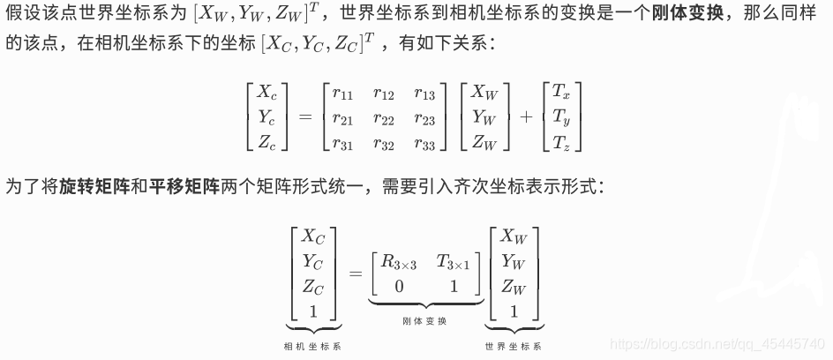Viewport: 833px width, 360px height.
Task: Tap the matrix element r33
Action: [x=424, y=141]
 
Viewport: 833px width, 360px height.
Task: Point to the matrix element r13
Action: [x=424, y=92]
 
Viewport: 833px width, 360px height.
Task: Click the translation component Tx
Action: [x=561, y=91]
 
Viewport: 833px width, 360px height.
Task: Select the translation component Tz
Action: [x=561, y=141]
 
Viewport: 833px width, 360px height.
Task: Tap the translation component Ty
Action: [x=561, y=116]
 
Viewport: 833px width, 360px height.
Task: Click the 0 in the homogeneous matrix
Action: [x=399, y=286]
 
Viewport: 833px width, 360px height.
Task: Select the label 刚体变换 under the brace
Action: [x=424, y=320]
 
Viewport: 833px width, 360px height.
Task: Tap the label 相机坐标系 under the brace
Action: [x=312, y=346]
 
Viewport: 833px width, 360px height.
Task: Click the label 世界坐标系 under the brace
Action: [x=513, y=346]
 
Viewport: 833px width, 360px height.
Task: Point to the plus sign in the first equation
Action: [x=526, y=116]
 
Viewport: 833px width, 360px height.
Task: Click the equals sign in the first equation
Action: [x=305, y=116]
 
